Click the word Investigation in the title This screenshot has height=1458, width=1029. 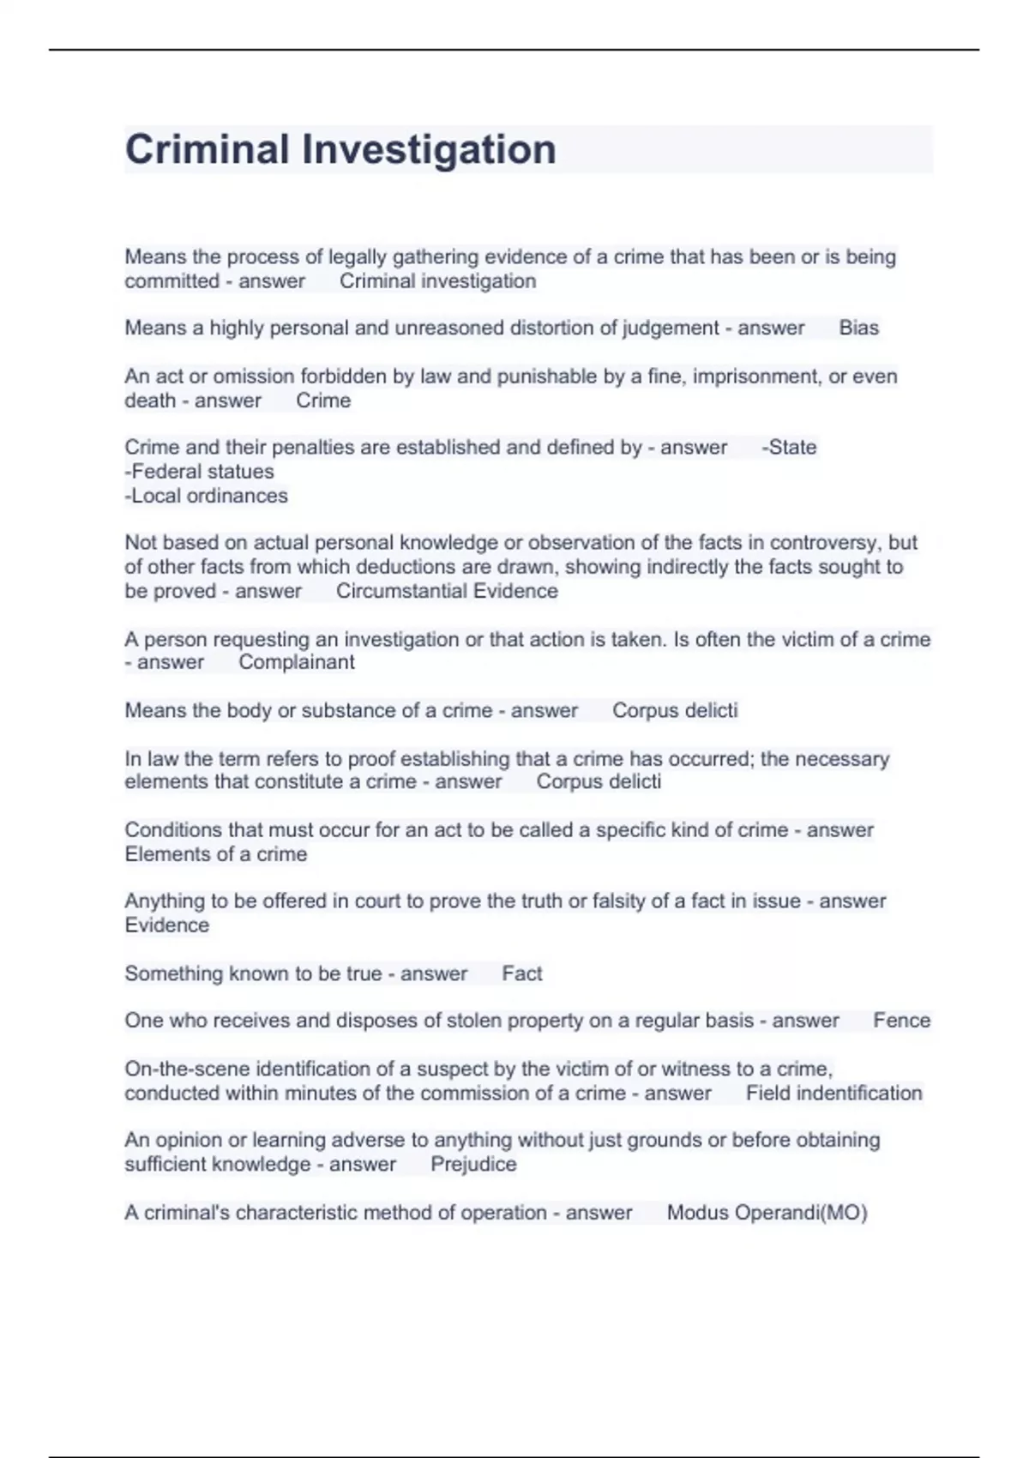pyautogui.click(x=429, y=150)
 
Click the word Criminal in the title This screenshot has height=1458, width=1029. pyautogui.click(x=208, y=150)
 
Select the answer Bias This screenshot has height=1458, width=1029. pyautogui.click(x=858, y=328)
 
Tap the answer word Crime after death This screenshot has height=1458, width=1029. pyautogui.click(x=323, y=401)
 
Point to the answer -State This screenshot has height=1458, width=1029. pyautogui.click(x=789, y=448)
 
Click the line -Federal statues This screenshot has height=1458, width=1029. pyautogui.click(x=200, y=472)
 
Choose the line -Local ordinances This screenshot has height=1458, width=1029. pyautogui.click(x=207, y=496)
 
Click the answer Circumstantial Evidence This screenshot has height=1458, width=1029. pyautogui.click(x=447, y=591)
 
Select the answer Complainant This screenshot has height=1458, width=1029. pyautogui.click(x=296, y=662)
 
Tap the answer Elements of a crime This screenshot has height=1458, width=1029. pyautogui.click(x=216, y=854)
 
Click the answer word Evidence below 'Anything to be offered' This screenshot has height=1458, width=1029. pyautogui.click(x=167, y=925)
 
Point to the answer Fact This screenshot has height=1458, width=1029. pyautogui.click(x=521, y=973)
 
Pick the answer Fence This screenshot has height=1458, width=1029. pyautogui.click(x=901, y=1021)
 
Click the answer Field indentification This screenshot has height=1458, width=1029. pyautogui.click(x=833, y=1093)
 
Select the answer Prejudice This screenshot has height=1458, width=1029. pyautogui.click(x=473, y=1165)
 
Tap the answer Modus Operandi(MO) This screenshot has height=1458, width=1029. pyautogui.click(x=767, y=1213)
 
